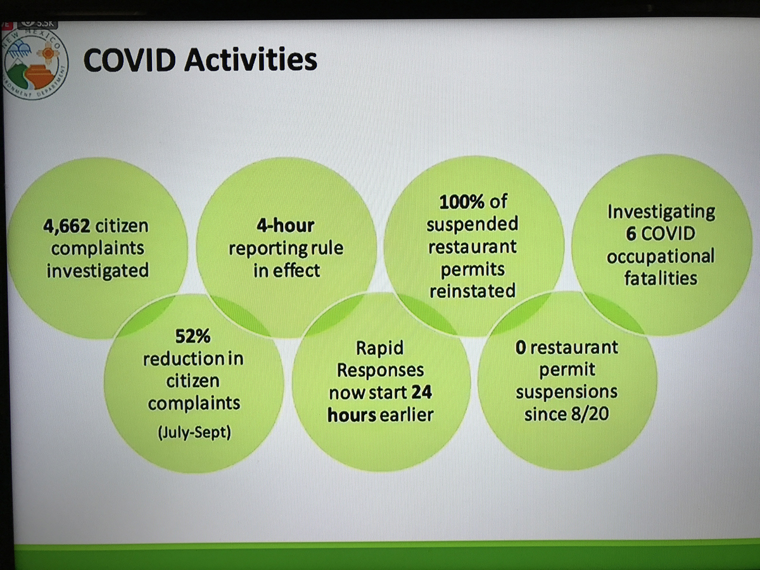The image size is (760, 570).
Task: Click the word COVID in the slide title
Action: [x=129, y=60]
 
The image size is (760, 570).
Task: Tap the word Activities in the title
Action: [x=251, y=60]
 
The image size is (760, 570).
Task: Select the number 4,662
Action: [x=66, y=227]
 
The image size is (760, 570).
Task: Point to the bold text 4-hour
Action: [x=286, y=225]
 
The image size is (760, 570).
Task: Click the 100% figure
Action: [x=462, y=202]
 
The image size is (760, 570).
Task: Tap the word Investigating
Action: [x=661, y=212]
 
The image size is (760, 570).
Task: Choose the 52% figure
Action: [x=193, y=336]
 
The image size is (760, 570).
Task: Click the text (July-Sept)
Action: [x=194, y=433]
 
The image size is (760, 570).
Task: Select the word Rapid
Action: [x=380, y=348]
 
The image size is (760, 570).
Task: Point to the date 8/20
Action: [x=590, y=414]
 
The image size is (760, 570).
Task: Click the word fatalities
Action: [x=661, y=278]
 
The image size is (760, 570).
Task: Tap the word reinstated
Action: [x=472, y=291]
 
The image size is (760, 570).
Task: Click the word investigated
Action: [x=98, y=271]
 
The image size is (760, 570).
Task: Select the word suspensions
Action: [x=567, y=392]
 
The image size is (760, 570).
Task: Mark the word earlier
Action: [x=407, y=415]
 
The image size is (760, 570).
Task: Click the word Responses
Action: [x=381, y=370]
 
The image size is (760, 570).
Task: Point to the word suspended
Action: [x=472, y=224]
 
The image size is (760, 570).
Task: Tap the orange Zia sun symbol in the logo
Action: [x=48, y=54]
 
